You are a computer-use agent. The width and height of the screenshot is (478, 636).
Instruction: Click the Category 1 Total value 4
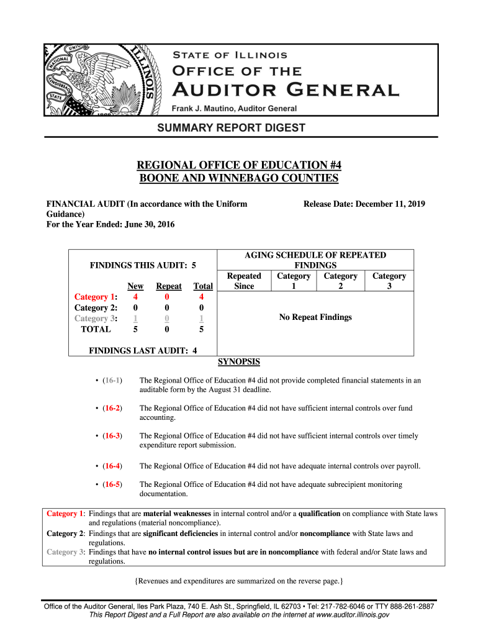pos(202,297)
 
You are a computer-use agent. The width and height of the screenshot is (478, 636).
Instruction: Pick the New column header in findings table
pos(135,286)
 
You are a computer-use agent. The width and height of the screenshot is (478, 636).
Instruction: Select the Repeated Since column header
pos(244,281)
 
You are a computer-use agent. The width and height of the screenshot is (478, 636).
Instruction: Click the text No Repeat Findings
pos(315,317)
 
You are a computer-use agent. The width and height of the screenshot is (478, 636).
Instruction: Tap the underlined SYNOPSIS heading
pos(239,362)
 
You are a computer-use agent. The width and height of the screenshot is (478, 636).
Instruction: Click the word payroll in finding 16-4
pos(408,466)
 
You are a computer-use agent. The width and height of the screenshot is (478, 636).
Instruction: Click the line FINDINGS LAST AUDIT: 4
pos(143,350)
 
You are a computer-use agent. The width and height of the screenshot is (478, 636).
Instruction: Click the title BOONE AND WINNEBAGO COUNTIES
pos(239,179)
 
